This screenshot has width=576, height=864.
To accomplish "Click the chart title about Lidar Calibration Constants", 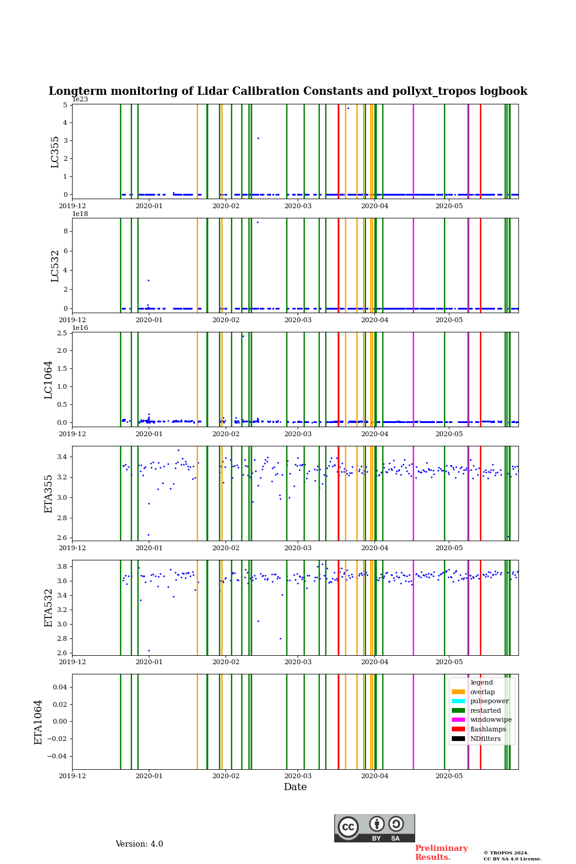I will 288,91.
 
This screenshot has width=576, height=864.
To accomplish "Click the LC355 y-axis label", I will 55,152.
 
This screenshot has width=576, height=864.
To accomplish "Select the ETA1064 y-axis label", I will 38,722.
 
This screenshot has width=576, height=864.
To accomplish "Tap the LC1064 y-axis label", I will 49,380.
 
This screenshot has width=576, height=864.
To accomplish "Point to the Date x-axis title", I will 295,787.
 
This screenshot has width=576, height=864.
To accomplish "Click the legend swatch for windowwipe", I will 458,720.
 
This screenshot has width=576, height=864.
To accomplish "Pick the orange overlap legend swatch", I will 458,692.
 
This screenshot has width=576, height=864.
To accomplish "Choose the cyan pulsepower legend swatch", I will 458,701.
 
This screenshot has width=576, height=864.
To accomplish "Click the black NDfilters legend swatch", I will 458,739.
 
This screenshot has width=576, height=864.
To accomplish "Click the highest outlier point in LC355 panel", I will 348,108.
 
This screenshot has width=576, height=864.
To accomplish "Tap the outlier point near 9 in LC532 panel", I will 257,222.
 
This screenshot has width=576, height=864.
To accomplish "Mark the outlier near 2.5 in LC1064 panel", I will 243,336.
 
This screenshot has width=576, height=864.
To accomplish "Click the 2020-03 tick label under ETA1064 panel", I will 298,776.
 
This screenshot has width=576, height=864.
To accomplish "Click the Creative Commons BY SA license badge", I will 374,828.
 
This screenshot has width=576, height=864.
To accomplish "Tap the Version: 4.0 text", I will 139,844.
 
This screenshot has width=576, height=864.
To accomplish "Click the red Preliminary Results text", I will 441,853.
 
